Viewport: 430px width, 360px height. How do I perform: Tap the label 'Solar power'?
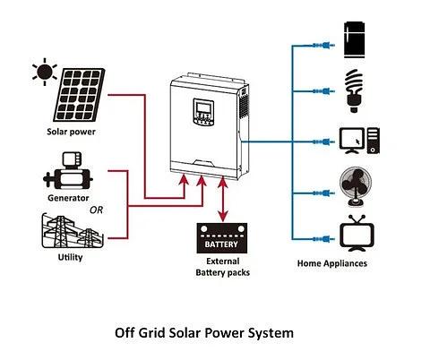point(71,132)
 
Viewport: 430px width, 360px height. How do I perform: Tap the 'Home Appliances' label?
point(331,264)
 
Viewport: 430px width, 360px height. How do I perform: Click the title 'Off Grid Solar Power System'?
point(204,332)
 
